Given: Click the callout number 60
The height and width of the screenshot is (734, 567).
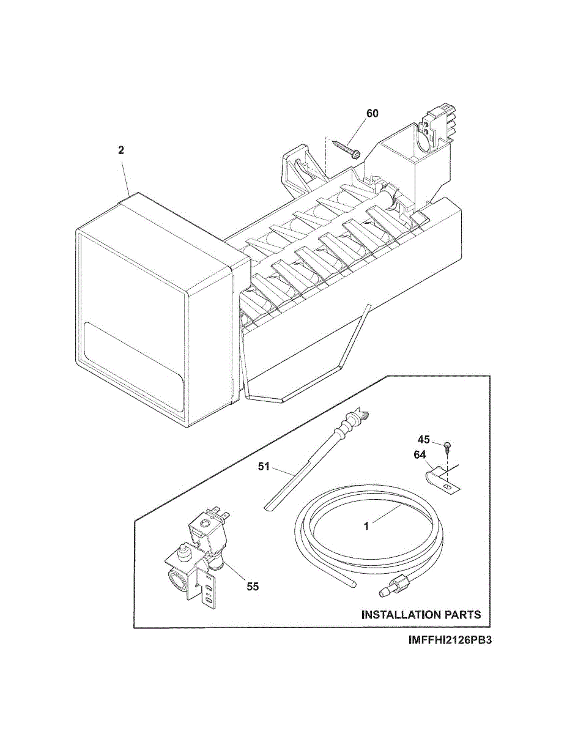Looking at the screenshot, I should [x=372, y=113].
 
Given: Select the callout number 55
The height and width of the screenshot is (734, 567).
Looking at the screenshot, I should [x=253, y=586].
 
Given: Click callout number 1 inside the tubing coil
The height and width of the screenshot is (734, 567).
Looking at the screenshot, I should [x=366, y=525].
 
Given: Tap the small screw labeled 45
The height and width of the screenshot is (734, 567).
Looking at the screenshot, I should [x=448, y=444].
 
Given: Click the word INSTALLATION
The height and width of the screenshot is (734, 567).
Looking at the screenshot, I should [x=400, y=614].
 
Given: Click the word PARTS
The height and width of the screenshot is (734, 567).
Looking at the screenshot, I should [x=462, y=614].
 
